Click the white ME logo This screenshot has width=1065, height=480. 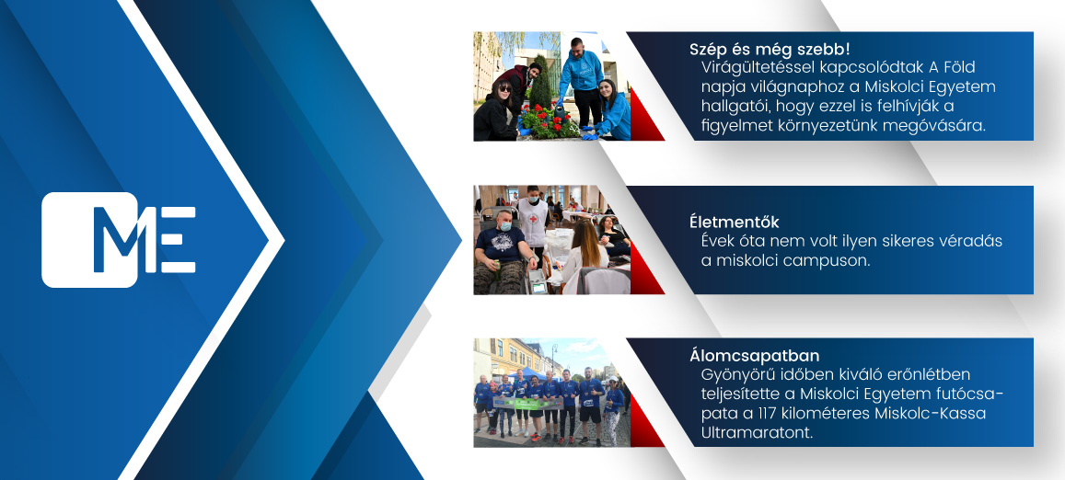119,240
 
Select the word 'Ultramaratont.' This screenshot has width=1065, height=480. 757,433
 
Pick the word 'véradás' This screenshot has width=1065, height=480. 970,242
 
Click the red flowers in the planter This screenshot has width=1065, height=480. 546,120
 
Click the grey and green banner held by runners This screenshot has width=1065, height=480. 527,404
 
